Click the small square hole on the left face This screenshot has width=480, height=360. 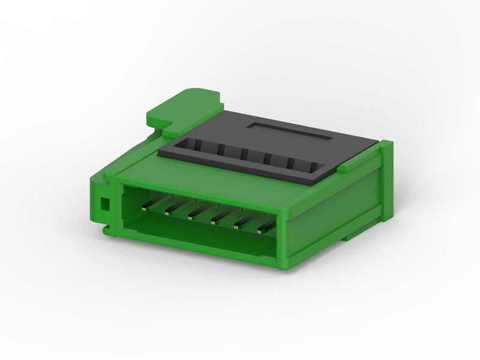click(104, 204)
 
